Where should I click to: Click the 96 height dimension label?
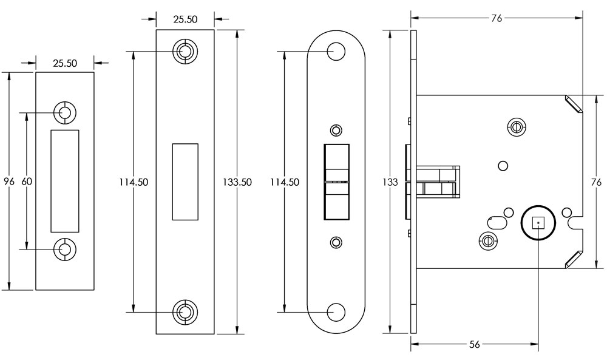tap(8, 182)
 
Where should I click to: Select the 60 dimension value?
tap(27, 182)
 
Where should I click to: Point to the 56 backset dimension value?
tap(475, 345)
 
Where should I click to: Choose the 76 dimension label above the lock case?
tap(496, 18)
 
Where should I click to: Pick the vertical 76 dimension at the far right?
tap(596, 182)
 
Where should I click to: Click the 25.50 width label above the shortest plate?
tap(64, 62)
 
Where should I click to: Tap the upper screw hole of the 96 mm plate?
tap(64, 112)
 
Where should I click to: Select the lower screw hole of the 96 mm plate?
tap(64, 248)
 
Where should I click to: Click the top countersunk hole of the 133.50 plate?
tap(185, 51)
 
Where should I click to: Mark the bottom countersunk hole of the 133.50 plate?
tap(185, 311)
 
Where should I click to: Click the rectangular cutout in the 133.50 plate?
tap(185, 182)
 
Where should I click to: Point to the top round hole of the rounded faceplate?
tap(336, 51)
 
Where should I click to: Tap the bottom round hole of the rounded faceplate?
tap(336, 311)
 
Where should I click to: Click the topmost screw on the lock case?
tap(515, 126)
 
